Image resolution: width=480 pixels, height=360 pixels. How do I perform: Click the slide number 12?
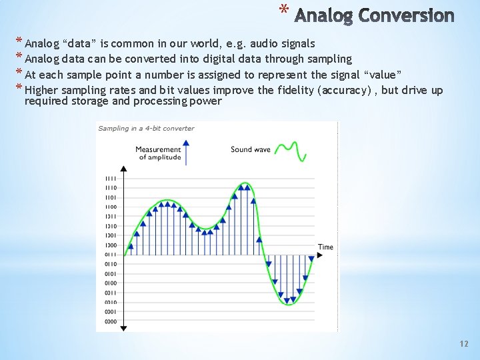(x=464, y=344)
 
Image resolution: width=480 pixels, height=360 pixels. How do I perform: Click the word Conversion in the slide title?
(x=406, y=15)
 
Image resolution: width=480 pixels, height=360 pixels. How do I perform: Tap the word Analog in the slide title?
(x=323, y=15)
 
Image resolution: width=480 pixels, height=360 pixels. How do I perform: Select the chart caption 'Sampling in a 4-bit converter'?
(x=146, y=128)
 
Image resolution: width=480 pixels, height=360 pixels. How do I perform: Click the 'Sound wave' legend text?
(x=251, y=149)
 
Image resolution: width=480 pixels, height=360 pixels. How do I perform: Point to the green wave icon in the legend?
(x=292, y=151)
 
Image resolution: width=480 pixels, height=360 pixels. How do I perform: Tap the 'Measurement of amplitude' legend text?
(x=158, y=153)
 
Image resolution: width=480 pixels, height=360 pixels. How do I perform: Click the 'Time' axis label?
(x=325, y=247)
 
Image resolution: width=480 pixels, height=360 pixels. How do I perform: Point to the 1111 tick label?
(x=110, y=178)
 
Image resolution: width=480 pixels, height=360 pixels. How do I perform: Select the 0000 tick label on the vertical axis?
(x=110, y=322)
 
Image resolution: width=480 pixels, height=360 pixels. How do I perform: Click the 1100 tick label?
(x=110, y=207)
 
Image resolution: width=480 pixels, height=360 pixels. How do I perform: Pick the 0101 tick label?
(x=110, y=274)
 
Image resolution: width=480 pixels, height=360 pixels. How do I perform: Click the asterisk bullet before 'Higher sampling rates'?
(x=19, y=89)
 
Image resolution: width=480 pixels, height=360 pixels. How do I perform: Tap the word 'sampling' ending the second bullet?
(x=330, y=59)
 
